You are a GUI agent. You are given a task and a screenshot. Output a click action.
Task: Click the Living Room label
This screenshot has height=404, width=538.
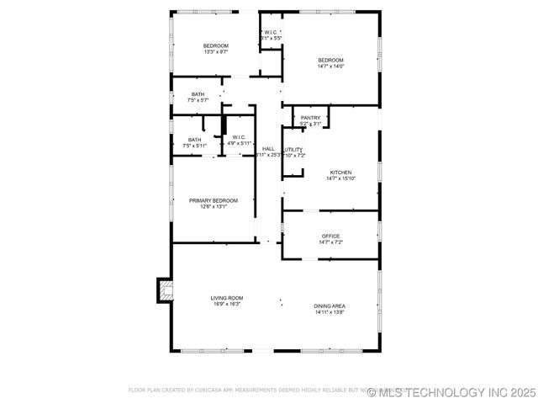227,298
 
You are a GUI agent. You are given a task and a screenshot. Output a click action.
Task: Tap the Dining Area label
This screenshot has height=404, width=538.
330,306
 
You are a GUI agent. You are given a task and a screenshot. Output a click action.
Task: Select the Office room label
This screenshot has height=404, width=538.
330,236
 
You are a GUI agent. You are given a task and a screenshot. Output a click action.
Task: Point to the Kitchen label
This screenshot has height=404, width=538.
340,172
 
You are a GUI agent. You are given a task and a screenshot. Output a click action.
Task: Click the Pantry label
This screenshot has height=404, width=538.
310,118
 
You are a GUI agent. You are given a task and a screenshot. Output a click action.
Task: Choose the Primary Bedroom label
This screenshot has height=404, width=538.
214,200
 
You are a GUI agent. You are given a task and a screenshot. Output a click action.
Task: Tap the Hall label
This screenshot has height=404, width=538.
268,149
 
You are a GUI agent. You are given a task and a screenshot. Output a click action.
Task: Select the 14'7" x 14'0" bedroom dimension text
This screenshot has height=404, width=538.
330,66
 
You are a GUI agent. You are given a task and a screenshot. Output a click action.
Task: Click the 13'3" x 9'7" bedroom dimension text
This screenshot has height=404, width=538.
216,52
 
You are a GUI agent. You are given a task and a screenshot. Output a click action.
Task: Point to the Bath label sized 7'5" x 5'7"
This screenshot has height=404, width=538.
198,94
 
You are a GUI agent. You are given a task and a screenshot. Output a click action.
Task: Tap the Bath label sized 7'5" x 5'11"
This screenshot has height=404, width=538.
194,140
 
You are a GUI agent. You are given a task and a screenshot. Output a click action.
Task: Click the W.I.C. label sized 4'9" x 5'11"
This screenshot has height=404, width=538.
238,137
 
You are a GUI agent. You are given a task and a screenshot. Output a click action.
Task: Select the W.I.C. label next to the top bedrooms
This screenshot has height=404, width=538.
270,33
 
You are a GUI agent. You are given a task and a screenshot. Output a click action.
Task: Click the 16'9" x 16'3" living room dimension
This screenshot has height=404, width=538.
227,304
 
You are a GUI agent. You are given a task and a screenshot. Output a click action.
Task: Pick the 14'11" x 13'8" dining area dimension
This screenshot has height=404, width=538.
330,312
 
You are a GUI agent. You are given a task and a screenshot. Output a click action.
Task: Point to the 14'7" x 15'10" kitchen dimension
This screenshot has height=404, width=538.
340,178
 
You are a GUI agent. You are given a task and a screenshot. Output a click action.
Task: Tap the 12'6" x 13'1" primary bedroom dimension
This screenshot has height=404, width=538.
214,206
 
